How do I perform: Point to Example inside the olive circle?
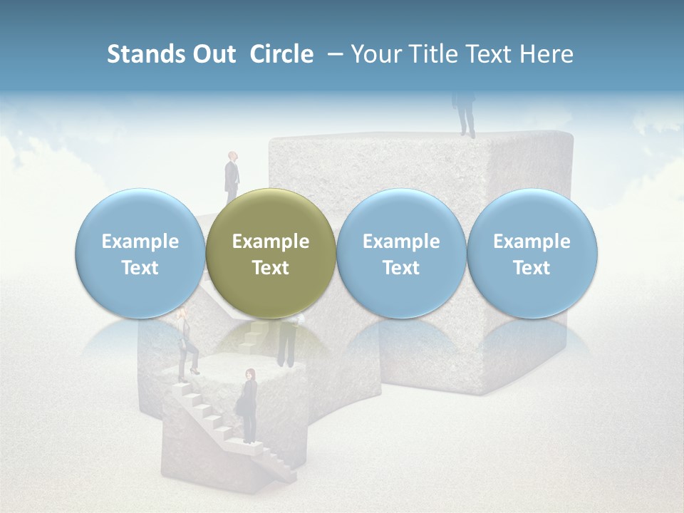(x=271, y=242)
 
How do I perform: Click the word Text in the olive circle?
(x=271, y=268)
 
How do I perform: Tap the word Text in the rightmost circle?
(x=532, y=268)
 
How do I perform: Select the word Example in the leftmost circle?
(x=140, y=242)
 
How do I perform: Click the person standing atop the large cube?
(x=465, y=113)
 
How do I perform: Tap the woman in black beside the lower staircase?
(x=249, y=406)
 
